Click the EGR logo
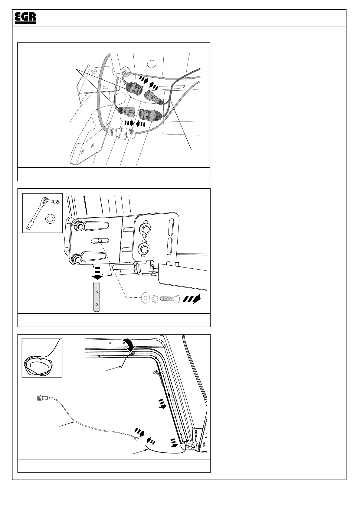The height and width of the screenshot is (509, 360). tap(25, 18)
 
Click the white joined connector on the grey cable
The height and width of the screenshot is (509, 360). tap(120, 133)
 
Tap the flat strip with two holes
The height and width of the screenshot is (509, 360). tap(97, 297)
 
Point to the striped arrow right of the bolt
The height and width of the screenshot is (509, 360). tap(191, 299)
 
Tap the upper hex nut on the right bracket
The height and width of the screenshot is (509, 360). tap(145, 229)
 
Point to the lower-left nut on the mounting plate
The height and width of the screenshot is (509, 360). tap(76, 258)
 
